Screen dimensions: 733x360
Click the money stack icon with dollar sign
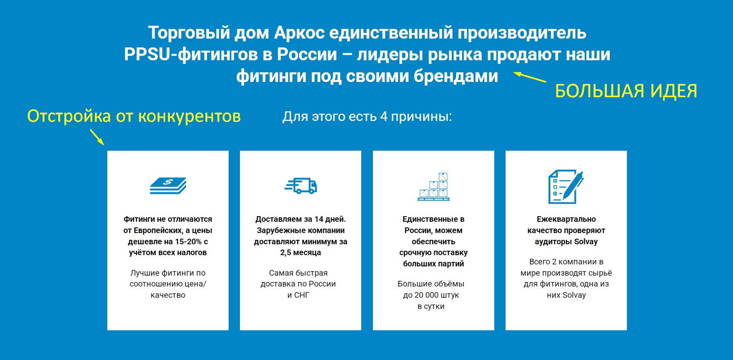point(168,186)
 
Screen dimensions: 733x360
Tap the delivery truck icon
point(301,186)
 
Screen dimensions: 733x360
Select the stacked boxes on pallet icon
point(434,186)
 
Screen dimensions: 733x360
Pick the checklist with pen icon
point(566,186)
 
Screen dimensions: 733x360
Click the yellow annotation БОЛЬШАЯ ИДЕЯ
point(626,91)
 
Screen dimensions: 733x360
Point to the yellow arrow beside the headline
point(530,77)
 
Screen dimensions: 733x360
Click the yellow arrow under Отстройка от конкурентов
point(97,137)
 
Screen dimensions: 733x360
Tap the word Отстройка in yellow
point(69,117)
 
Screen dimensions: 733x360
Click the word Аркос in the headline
point(299,33)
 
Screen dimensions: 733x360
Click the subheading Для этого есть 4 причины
point(367,117)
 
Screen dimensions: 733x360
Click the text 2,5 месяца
point(301,253)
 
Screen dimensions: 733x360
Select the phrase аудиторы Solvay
point(566,242)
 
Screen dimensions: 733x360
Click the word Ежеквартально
point(566,219)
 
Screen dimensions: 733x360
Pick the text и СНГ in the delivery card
point(298,295)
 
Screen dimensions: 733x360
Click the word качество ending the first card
point(168,295)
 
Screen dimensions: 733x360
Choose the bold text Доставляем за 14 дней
point(301,219)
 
